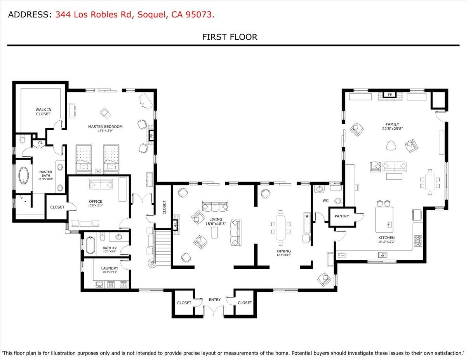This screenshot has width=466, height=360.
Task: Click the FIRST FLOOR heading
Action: (x=230, y=37)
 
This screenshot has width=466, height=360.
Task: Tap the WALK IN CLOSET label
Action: (x=43, y=112)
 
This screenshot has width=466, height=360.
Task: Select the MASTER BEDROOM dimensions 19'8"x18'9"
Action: (x=105, y=131)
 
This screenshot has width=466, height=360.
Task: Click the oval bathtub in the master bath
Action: (x=24, y=176)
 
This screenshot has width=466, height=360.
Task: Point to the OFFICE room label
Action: (x=95, y=201)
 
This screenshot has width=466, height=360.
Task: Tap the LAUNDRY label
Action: (x=110, y=268)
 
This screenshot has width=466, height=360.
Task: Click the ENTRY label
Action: (x=215, y=299)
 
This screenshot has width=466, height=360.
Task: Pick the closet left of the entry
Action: (x=184, y=303)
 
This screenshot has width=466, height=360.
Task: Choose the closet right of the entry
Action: (x=245, y=303)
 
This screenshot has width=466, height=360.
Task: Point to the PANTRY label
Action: (x=342, y=216)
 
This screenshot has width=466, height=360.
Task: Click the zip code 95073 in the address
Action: (x=200, y=15)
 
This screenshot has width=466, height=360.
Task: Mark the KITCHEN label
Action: (x=386, y=238)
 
